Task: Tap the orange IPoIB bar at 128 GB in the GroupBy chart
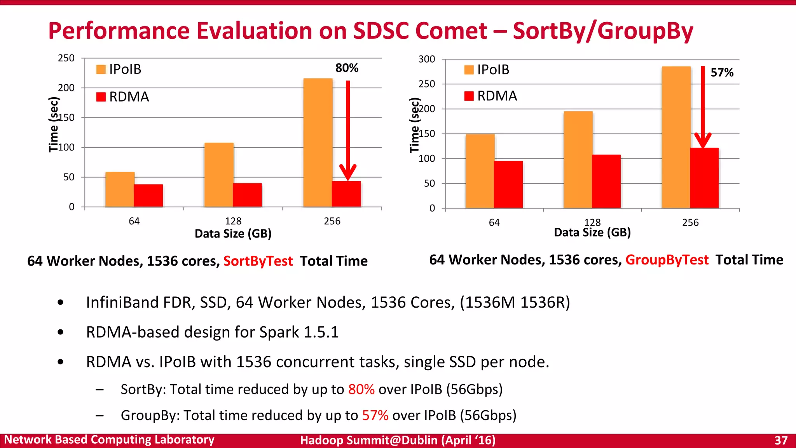tap(578, 159)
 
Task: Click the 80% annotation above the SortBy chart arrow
tap(347, 68)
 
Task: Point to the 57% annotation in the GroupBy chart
tap(722, 72)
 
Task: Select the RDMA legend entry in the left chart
tap(123, 97)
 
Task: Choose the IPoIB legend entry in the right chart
tap(487, 70)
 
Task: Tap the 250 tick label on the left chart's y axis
tap(66, 58)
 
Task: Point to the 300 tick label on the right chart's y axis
tap(426, 59)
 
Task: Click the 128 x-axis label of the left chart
tap(233, 221)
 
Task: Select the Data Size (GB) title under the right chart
tap(592, 233)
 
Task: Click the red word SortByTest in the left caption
tap(258, 261)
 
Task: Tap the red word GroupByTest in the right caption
tap(667, 260)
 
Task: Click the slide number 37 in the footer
tap(781, 440)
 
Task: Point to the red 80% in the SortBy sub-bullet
tap(361, 389)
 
